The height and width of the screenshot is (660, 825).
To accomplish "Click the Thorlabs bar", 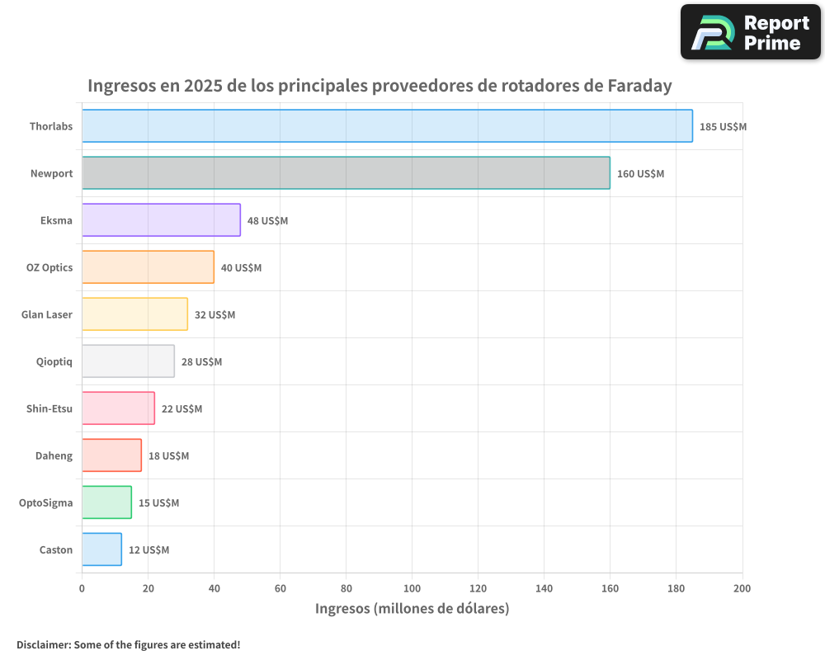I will (387, 126).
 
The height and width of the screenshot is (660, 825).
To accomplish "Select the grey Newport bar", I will (346, 173).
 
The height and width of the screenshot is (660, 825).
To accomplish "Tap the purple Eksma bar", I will (161, 220).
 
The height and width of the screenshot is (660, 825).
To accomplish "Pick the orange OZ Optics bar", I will (148, 267).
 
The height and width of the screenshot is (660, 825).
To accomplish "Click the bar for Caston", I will (101, 549).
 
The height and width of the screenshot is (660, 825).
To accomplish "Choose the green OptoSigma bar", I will (106, 502).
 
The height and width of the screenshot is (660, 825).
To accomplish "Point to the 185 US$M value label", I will (723, 127).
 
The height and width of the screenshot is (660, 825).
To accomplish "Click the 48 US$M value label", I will (267, 221).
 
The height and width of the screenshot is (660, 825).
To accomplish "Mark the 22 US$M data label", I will (181, 409).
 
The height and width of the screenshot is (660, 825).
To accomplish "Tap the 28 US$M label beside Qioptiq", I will (201, 362).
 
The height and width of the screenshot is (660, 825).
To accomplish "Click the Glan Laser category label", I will (47, 314).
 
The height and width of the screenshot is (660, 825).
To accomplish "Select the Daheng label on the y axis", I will (54, 455).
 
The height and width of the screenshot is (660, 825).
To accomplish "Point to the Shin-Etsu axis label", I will (49, 408).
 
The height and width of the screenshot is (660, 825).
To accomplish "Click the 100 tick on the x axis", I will (412, 588).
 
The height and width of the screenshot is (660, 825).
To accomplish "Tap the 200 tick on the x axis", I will (742, 588).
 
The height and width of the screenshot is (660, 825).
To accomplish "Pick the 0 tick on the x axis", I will (82, 588).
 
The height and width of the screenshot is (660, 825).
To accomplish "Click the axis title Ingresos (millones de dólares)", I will (412, 609).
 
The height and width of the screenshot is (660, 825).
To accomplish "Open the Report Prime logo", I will (750, 32).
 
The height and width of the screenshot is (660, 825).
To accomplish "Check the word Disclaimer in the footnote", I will (42, 644).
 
